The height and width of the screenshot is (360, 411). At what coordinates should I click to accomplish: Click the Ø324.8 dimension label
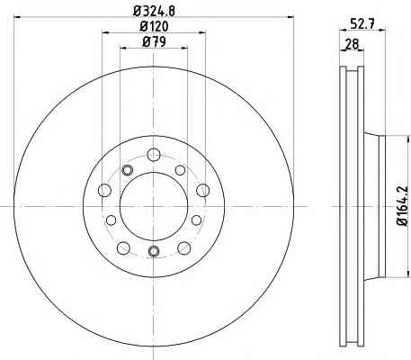(x=154, y=11)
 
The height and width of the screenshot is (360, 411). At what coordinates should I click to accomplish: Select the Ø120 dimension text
(x=154, y=27)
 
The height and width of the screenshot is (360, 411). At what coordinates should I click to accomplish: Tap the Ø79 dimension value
(x=154, y=42)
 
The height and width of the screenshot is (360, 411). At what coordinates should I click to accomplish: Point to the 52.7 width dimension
(x=362, y=23)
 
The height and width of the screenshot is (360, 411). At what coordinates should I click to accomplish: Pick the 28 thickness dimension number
(x=352, y=44)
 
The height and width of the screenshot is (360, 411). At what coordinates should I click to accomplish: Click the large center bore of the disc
(x=154, y=206)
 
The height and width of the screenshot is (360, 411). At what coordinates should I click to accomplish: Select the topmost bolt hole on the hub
(x=154, y=155)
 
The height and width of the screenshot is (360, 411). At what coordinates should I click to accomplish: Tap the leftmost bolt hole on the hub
(x=104, y=190)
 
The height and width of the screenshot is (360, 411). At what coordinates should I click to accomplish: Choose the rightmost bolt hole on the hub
(x=203, y=190)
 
